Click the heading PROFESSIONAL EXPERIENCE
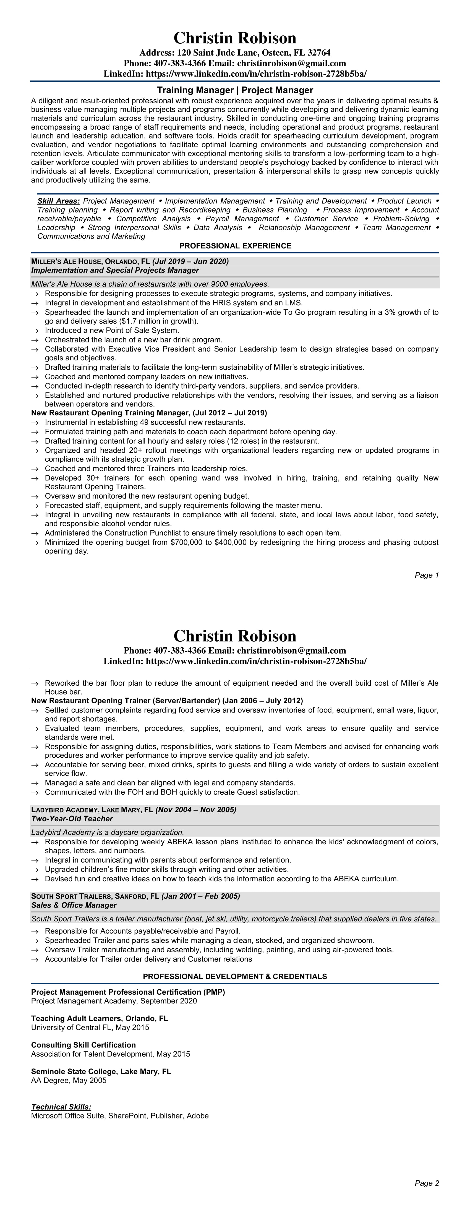[235, 246]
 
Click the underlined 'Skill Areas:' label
[59, 201]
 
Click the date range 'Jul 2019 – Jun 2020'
[190, 261]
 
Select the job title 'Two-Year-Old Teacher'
[72, 819]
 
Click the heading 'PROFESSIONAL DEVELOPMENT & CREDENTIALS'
[235, 976]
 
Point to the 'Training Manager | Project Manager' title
[235, 90]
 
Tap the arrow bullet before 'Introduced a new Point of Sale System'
[35, 331]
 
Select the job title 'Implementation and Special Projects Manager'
[115, 271]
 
